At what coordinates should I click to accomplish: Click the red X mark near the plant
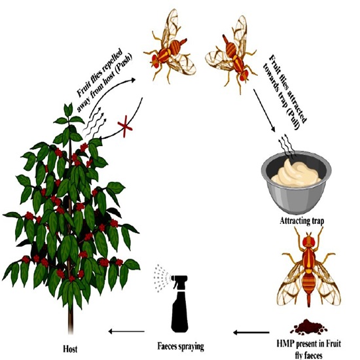pyautogui.click(x=124, y=127)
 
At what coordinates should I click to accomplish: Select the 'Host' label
pyautogui.click(x=70, y=350)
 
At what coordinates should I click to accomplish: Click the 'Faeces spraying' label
pyautogui.click(x=181, y=346)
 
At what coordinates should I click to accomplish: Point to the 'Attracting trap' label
pyautogui.click(x=302, y=221)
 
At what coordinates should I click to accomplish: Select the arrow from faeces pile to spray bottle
pyautogui.click(x=251, y=333)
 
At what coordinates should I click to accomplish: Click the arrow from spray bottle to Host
pyautogui.click(x=126, y=331)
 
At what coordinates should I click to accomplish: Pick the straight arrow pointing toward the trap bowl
pyautogui.click(x=264, y=111)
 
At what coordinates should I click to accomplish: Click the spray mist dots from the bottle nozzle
pyautogui.click(x=161, y=278)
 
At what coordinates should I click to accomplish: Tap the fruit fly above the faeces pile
pyautogui.click(x=309, y=268)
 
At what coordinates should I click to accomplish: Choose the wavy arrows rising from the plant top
pyautogui.click(x=95, y=123)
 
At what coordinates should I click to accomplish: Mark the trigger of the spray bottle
pyautogui.click(x=176, y=285)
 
